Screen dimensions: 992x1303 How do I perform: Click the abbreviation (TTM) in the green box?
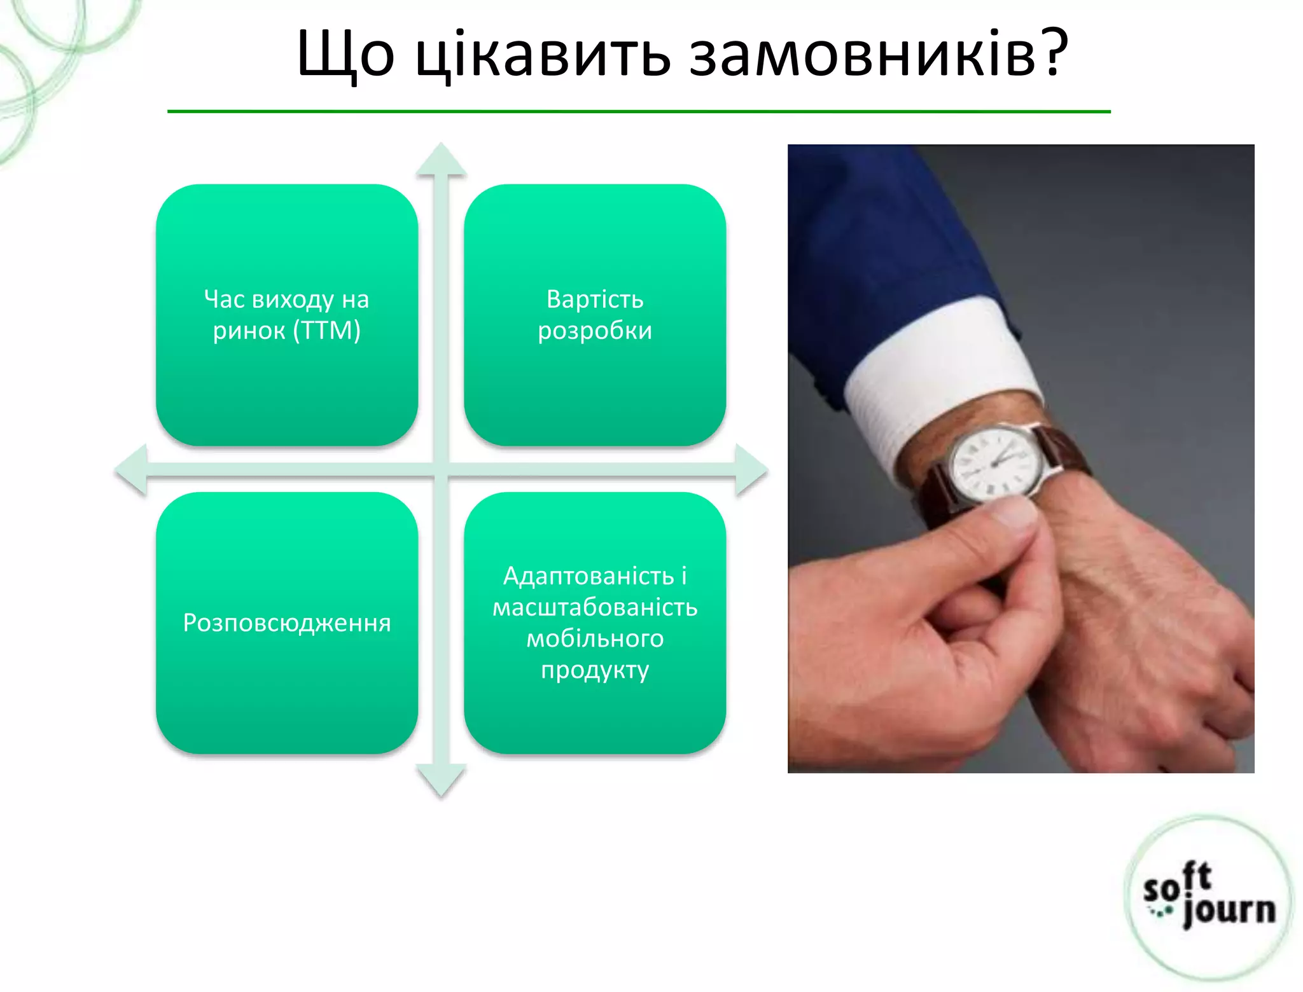pyautogui.click(x=327, y=331)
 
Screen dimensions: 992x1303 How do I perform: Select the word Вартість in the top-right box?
pyautogui.click(x=595, y=299)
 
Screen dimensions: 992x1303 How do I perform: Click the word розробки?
pyautogui.click(x=595, y=331)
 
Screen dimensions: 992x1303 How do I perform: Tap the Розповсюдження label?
pyautogui.click(x=287, y=623)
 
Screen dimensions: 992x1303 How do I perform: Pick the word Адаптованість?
pyautogui.click(x=589, y=575)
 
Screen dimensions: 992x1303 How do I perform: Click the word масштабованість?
pyautogui.click(x=595, y=607)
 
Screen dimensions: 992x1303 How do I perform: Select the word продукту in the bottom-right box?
pyautogui.click(x=595, y=670)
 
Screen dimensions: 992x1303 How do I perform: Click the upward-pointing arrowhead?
pyautogui.click(x=441, y=159)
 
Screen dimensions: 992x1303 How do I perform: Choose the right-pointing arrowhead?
pyautogui.click(x=751, y=471)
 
